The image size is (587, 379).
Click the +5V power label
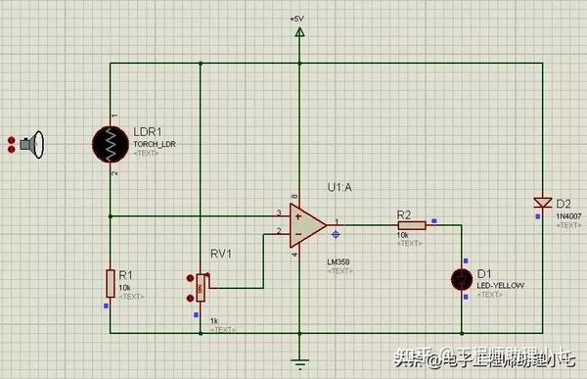297,20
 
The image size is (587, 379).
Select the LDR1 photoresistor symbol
112,146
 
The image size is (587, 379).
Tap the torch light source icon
34,146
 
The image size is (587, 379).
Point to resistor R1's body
111,284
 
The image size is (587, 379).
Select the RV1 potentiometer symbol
201,286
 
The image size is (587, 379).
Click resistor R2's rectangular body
410,224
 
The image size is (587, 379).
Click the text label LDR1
149,131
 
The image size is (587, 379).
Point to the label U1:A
339,186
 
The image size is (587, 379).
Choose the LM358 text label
339,261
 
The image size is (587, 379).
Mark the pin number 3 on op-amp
279,213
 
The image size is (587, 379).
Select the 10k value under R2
402,235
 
